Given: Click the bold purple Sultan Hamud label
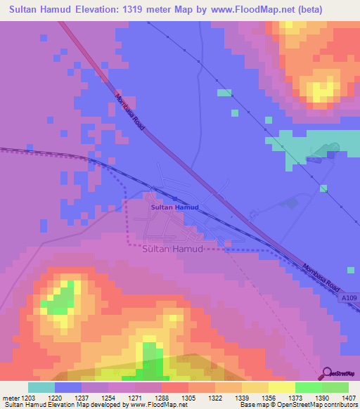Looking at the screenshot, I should pyautogui.click(x=175, y=208).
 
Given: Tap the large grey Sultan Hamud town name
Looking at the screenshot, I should pyautogui.click(x=172, y=249).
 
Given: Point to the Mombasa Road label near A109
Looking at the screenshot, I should pyautogui.click(x=321, y=278).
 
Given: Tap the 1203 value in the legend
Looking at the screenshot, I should pyautogui.click(x=28, y=398).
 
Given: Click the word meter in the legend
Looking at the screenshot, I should pyautogui.click(x=11, y=398).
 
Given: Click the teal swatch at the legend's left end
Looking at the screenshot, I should pyautogui.click(x=41, y=387).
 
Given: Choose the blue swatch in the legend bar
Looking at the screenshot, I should pyautogui.click(x=68, y=387).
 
